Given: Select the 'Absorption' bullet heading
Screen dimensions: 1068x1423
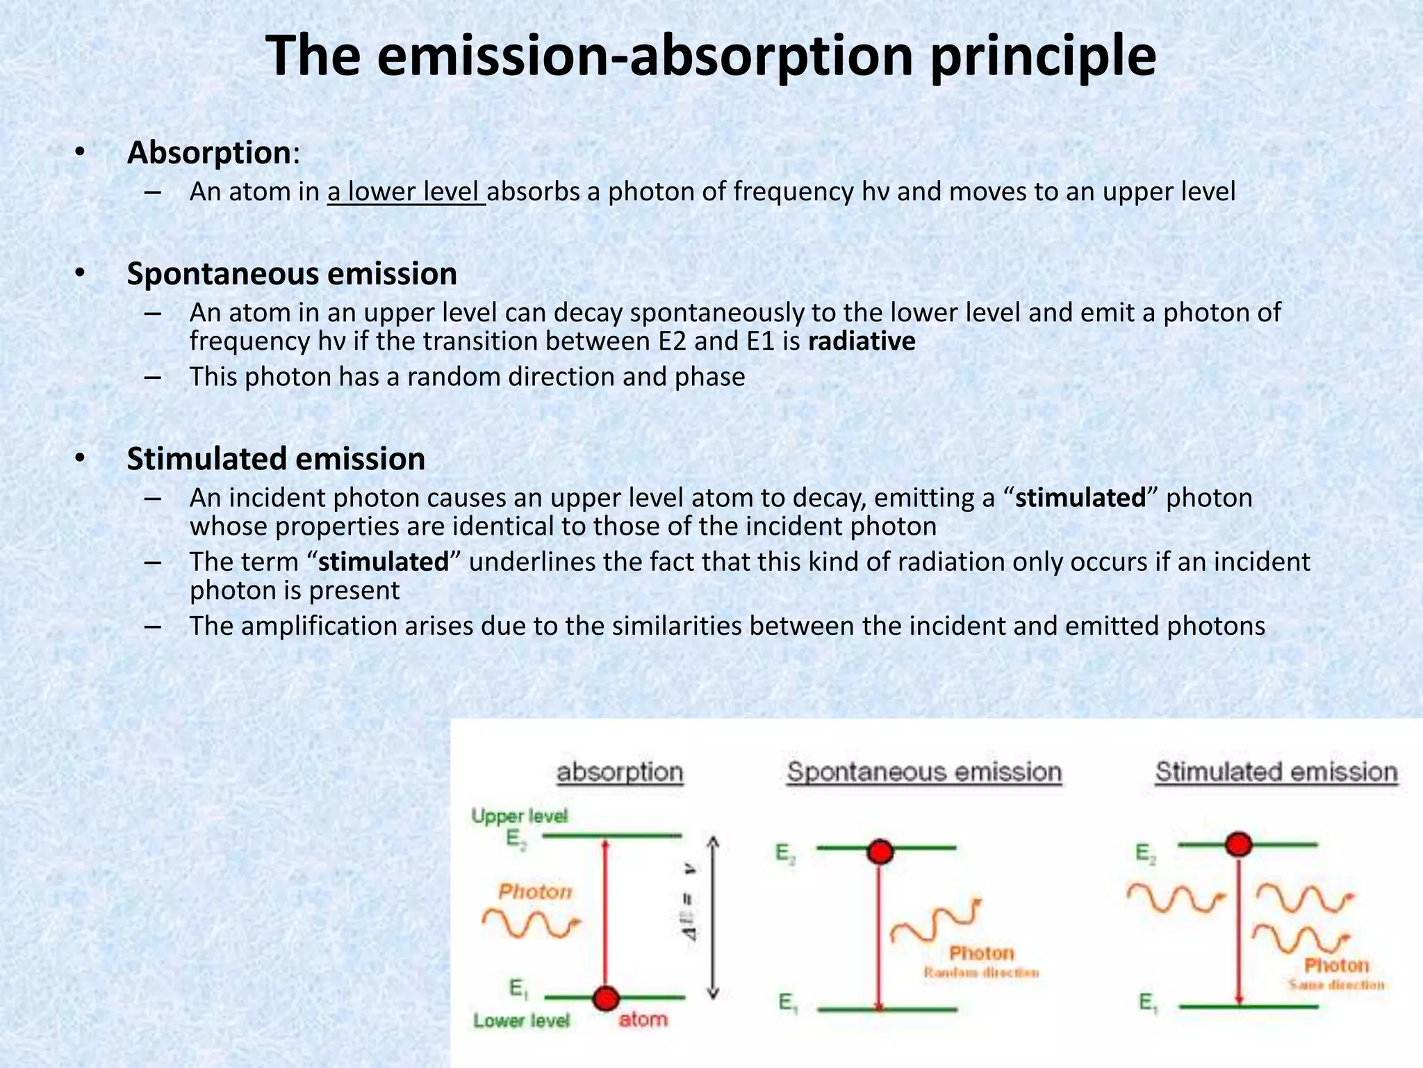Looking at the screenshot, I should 208,153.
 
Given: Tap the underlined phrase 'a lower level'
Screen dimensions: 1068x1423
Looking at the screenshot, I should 405,192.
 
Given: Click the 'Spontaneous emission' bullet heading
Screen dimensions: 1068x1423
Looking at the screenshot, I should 292,274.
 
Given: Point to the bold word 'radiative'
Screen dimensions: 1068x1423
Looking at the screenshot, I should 862,341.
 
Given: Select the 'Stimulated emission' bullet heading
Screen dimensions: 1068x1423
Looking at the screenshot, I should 276,459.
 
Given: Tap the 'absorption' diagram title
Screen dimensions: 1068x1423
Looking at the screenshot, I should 620,772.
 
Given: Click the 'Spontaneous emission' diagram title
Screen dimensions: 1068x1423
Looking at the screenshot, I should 924,772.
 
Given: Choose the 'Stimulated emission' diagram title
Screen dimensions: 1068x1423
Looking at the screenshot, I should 1276,772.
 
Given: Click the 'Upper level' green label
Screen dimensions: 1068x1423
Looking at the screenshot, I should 520,816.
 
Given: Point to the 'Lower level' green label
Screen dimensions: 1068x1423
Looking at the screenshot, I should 522,1021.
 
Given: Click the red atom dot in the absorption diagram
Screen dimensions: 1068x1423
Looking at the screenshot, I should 606,998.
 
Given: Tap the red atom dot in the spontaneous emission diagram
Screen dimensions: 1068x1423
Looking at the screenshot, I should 880,851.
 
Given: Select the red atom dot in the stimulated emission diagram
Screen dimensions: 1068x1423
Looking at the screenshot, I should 1238,844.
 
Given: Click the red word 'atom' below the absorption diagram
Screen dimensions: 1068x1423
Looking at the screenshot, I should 643,1020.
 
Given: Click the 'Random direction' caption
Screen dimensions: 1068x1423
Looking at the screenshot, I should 981,973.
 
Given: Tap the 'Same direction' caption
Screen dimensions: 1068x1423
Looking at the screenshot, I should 1336,985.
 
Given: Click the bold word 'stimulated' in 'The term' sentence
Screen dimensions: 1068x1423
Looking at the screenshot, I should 384,562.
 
